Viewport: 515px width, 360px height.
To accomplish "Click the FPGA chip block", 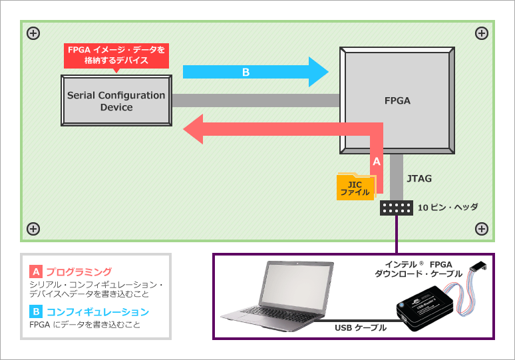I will pos(397,101).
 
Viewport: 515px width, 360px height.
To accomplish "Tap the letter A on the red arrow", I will pos(376,161).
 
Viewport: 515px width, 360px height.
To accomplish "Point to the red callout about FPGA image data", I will pos(116,55).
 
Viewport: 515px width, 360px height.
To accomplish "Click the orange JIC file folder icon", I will pos(355,187).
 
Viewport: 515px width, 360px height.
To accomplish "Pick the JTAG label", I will pos(419,178).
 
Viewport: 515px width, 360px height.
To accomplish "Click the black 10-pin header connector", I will pos(397,208).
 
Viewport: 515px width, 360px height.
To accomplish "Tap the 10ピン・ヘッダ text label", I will pos(448,207).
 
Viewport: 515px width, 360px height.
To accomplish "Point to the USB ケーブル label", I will pos(361,327).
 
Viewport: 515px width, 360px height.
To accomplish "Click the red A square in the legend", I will pos(36,271).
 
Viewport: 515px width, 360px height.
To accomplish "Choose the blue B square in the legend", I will pos(36,311).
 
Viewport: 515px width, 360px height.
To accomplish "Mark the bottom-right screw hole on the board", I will pos(482,229).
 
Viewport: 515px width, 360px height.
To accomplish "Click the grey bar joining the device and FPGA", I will pos(256,100).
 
